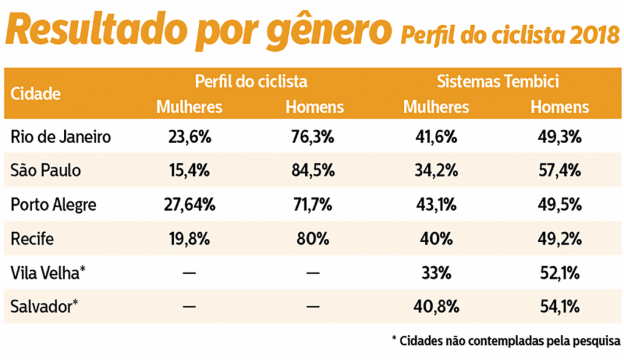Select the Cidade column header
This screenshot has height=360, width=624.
tap(35, 94)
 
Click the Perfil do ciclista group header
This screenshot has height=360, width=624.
tap(250, 82)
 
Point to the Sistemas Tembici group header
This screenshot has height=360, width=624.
tap(497, 82)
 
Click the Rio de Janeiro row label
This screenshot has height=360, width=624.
tap(61, 137)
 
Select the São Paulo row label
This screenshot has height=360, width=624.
tap(46, 171)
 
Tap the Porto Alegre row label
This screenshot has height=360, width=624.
tap(54, 205)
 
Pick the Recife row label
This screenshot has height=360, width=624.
tap(32, 239)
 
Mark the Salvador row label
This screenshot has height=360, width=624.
tap(44, 306)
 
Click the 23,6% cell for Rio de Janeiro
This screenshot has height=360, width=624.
tap(190, 137)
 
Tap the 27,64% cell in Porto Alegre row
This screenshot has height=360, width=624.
tap(190, 205)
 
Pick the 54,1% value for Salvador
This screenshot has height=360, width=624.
tap(559, 306)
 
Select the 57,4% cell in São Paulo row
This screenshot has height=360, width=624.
tap(559, 171)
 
